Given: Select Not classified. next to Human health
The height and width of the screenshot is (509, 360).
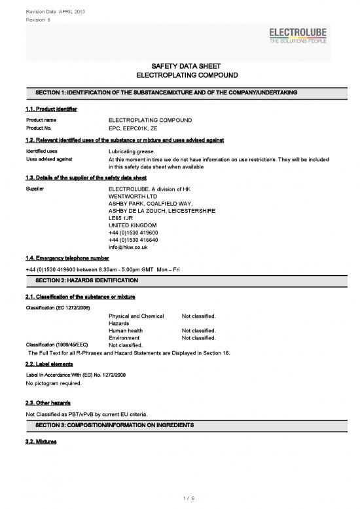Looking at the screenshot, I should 198,330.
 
